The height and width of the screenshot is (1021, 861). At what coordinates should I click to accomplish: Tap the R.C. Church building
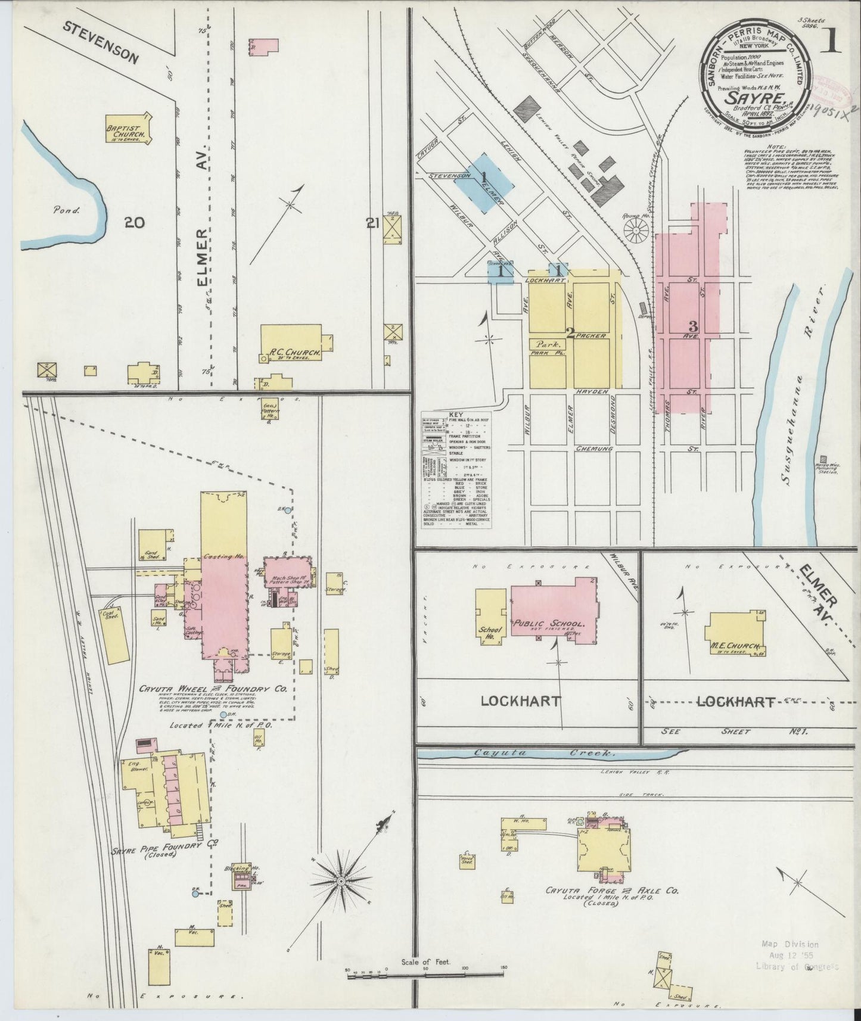click(x=292, y=343)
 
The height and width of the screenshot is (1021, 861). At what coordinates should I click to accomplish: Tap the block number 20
click(x=134, y=223)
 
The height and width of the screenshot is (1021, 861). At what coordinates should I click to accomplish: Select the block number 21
click(x=373, y=223)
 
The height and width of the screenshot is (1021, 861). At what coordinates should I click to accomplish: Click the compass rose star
click(x=340, y=880)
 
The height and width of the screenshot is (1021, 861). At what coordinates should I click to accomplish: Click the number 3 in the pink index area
click(x=692, y=326)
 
